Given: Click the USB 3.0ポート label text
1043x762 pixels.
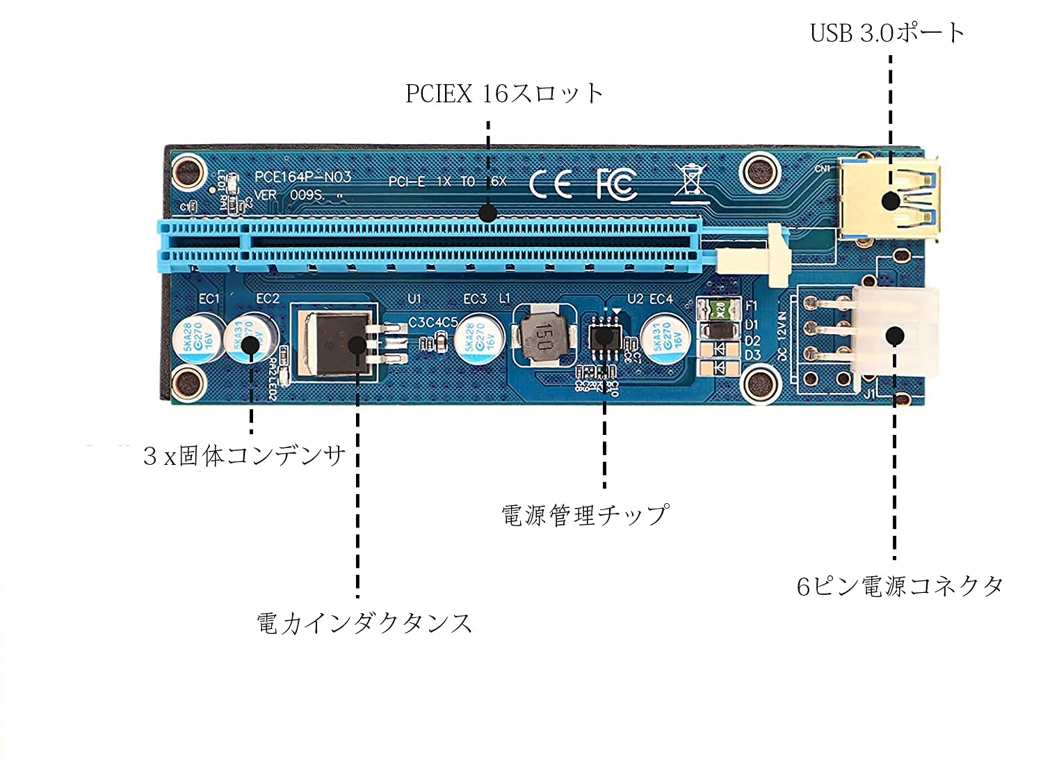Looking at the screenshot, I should [x=887, y=33].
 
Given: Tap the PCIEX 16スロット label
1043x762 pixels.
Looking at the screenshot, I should [x=504, y=93].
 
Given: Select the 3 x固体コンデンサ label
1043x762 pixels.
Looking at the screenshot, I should [x=244, y=456].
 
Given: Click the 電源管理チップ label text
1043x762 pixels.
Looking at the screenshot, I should [x=584, y=515].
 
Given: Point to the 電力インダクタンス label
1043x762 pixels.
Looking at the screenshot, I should [x=364, y=622].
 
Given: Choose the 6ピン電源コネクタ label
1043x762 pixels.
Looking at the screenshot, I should [x=900, y=586].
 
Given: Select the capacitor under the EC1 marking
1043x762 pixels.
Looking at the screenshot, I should [x=197, y=339].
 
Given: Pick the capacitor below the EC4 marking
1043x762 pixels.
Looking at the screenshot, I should [x=665, y=339].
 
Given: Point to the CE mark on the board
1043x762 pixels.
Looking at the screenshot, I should [x=551, y=184].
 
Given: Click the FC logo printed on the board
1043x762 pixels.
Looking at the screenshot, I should [x=616, y=183].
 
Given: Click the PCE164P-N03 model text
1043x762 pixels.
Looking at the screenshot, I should [x=302, y=177].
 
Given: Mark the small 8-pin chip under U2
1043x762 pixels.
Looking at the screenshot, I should [x=604, y=338].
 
